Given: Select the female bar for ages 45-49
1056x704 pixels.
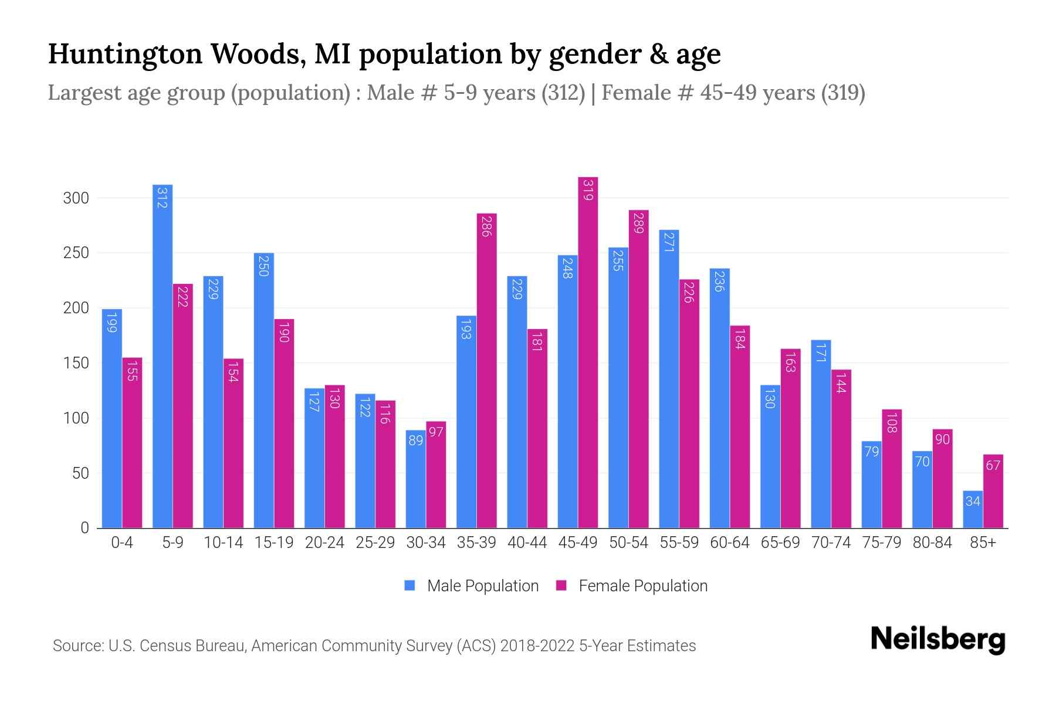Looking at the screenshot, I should [588, 353].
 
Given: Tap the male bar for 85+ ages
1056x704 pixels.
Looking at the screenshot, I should [973, 509].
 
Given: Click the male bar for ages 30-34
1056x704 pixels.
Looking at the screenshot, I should [415, 479].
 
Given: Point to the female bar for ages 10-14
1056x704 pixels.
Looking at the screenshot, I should [233, 444].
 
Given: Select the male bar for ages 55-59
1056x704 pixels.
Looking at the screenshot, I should [669, 379].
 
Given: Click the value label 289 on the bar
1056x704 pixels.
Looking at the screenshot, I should [639, 223].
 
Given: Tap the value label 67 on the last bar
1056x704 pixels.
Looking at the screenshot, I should [993, 465].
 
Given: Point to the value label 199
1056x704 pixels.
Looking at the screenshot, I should [111, 322].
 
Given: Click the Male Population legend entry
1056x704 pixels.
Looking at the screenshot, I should [472, 585].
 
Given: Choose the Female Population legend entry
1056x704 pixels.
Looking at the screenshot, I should [632, 585].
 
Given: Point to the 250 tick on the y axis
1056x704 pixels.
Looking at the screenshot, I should [76, 253].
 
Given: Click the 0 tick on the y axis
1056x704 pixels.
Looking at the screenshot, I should [84, 528].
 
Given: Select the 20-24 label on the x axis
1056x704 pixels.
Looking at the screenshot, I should [324, 543].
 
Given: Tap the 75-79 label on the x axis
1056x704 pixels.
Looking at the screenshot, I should [881, 543].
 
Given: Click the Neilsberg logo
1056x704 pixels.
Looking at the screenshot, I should [937, 639].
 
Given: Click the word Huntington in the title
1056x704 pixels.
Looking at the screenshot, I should [125, 54].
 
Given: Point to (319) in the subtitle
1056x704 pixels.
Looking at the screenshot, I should [842, 93].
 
